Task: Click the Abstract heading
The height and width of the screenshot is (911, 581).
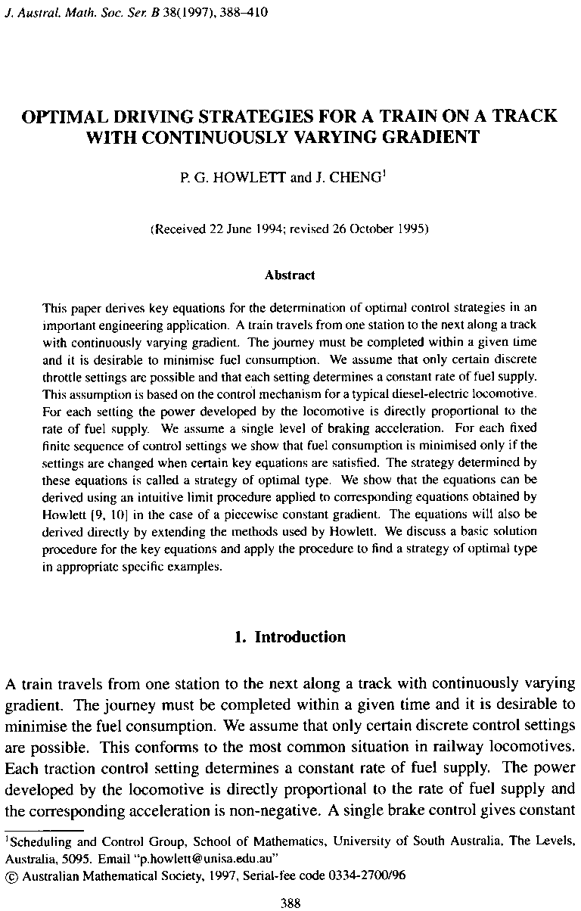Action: tap(290, 275)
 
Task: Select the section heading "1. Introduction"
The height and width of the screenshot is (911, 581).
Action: tap(290, 637)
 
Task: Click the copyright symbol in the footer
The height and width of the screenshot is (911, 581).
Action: tap(10, 875)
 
